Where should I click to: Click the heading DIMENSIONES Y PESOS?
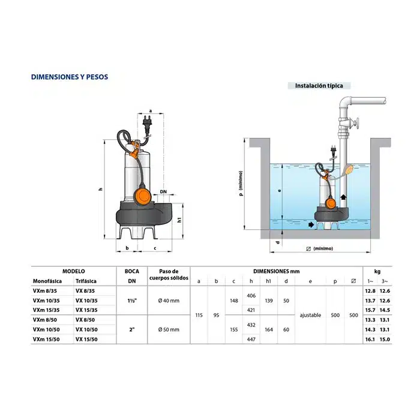coord(70,77)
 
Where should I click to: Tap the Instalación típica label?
coord(319,86)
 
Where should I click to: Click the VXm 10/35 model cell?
coord(46,301)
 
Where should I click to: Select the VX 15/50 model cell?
coord(86,339)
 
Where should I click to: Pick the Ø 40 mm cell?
coord(169,301)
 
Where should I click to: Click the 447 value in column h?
coord(251,339)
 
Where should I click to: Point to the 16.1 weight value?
coord(370,339)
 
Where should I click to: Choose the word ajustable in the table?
coord(310,315)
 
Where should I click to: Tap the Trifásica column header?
coord(86,281)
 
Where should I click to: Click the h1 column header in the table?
coord(269,281)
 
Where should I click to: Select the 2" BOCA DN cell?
coord(132,329)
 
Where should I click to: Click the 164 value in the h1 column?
coord(269,329)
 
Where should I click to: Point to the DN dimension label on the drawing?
coord(163,192)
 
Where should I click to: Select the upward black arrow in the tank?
coord(343,197)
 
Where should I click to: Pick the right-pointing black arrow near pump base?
coord(311,224)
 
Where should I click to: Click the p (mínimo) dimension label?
coord(241,184)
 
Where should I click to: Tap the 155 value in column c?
coord(234,329)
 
